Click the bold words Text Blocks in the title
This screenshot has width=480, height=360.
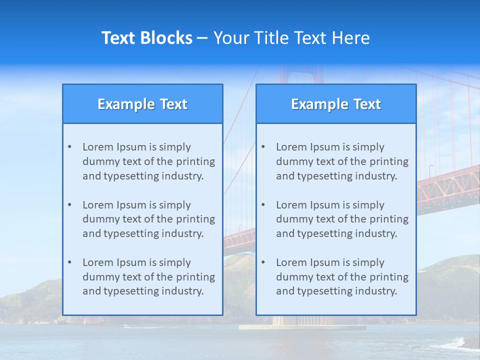coord(146,38)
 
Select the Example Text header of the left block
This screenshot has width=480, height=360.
coord(142,104)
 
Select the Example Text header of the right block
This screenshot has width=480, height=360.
coord(336,104)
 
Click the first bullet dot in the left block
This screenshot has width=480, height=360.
coord(69,147)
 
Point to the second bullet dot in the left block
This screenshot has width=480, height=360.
coord(69,205)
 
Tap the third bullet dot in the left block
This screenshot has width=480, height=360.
coord(69,262)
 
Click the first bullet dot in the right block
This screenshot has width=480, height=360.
coord(263,147)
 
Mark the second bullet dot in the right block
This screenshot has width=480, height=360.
coord(263,205)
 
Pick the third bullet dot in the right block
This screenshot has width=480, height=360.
coord(263,262)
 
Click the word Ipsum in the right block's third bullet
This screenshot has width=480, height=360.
coord(325,262)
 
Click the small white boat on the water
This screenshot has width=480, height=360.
coord(126,326)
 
